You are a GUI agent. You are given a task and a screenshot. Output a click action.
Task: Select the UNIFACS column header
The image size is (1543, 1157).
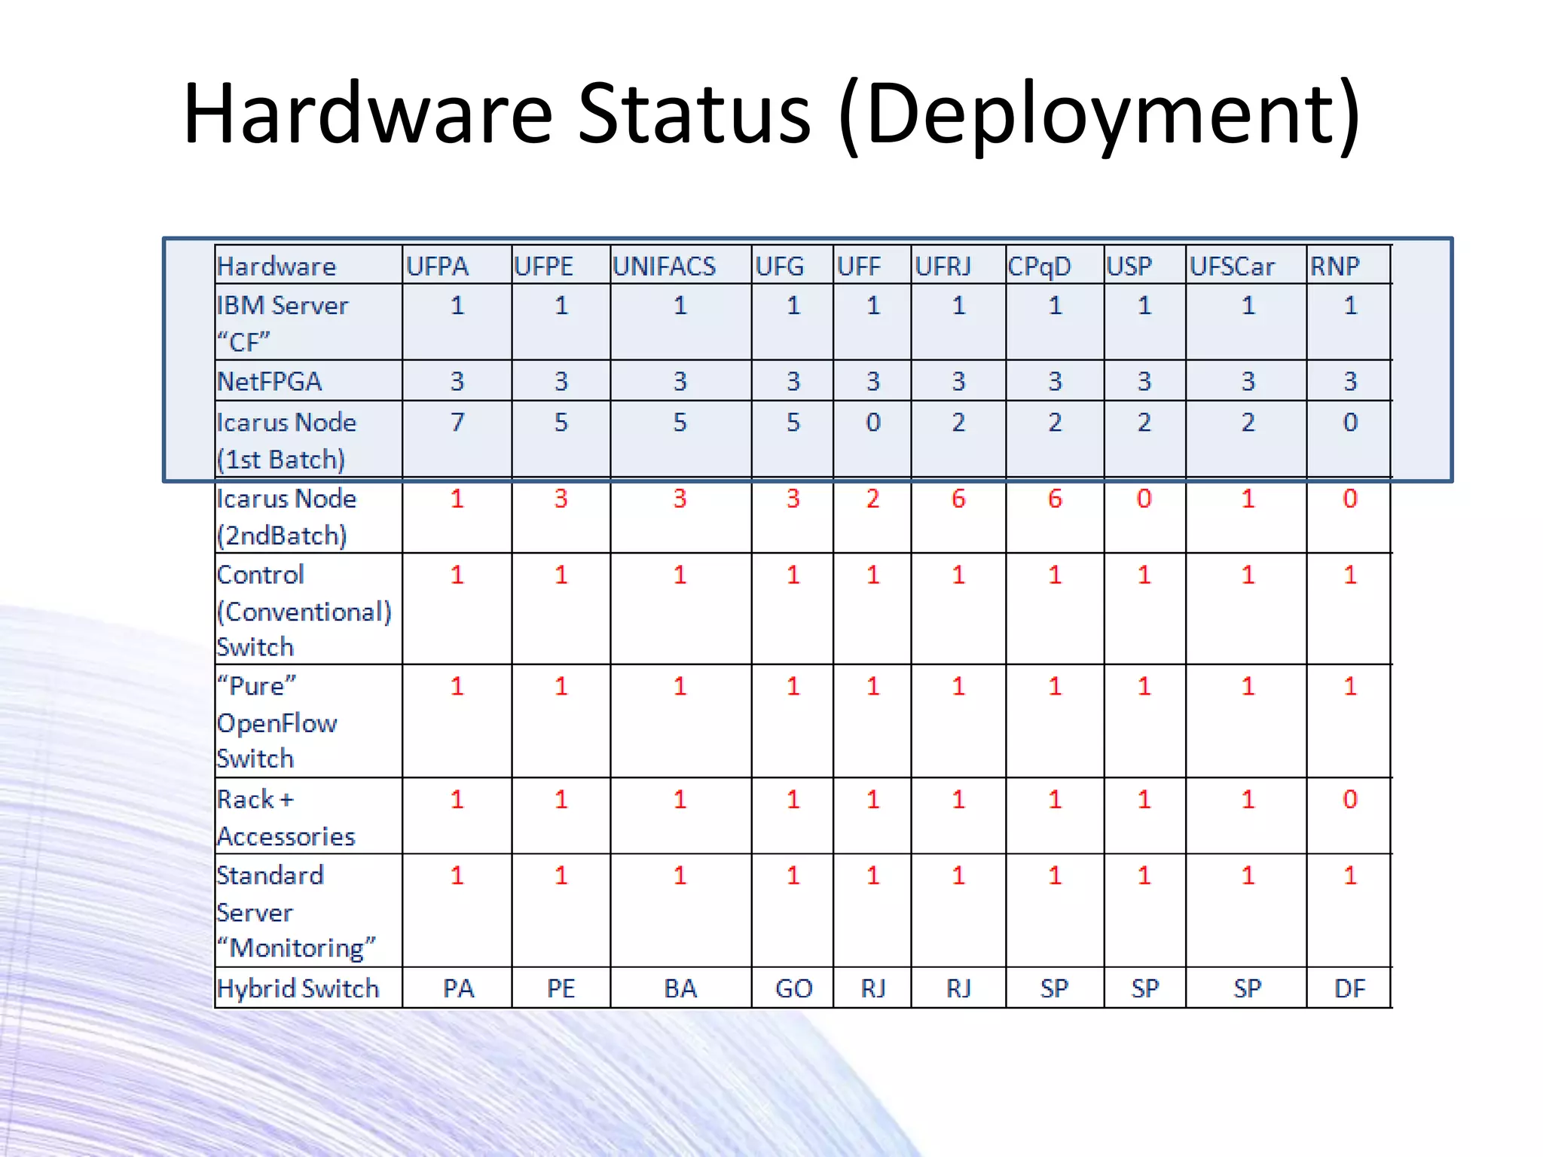click(x=664, y=266)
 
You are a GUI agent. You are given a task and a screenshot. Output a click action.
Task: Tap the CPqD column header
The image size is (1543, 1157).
click(x=1039, y=266)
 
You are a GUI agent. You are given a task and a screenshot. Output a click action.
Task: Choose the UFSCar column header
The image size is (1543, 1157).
click(x=1232, y=266)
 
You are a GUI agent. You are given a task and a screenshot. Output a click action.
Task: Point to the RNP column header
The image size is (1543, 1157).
click(x=1334, y=266)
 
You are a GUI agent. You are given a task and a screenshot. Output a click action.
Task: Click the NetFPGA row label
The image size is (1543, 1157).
click(x=269, y=381)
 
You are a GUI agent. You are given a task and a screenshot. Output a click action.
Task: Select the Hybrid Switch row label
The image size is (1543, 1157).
click(x=298, y=988)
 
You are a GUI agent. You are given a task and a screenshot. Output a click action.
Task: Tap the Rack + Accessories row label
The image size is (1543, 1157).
click(x=286, y=817)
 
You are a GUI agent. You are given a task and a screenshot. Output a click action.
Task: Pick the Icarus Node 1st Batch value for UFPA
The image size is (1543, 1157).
click(x=457, y=422)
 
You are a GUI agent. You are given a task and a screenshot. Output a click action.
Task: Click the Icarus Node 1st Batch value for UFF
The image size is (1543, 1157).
click(x=872, y=422)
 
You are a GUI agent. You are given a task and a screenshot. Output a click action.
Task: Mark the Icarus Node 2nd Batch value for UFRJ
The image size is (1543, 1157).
click(x=958, y=499)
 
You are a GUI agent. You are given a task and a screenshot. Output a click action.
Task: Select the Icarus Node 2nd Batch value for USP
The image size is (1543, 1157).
click(x=1144, y=499)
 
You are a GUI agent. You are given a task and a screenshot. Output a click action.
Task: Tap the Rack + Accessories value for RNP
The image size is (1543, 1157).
click(x=1349, y=799)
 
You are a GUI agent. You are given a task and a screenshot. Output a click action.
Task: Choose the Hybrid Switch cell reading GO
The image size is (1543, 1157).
click(x=793, y=988)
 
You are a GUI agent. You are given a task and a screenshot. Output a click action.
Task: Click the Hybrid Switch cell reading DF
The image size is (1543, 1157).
click(x=1349, y=988)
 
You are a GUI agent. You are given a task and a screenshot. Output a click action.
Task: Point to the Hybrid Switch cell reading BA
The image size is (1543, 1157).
click(x=680, y=988)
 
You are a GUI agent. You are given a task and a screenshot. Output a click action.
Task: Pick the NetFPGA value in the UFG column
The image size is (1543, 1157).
click(x=793, y=381)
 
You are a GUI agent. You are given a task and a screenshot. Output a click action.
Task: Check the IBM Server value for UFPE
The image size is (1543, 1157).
click(x=561, y=305)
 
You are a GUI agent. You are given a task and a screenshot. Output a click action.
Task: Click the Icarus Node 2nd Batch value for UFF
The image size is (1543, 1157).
click(x=872, y=499)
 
